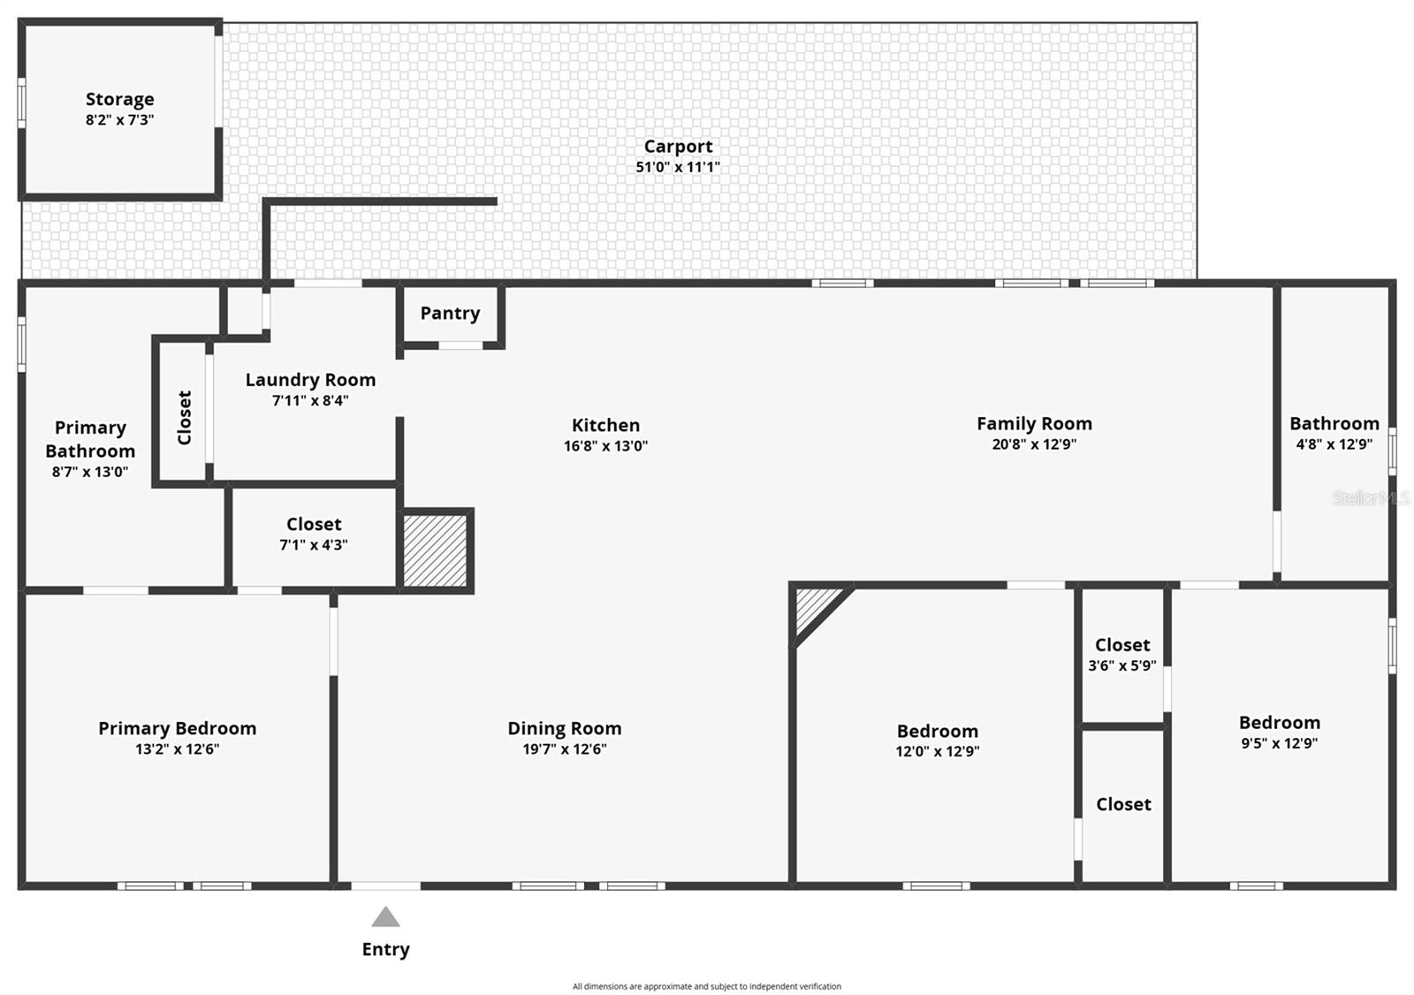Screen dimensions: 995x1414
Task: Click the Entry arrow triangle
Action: pos(385,917)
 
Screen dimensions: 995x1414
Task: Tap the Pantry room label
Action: pos(450,313)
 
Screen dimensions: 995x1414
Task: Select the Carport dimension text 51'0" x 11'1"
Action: pos(678,167)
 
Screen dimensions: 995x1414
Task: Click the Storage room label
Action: pos(119,99)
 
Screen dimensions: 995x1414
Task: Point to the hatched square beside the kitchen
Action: pos(435,551)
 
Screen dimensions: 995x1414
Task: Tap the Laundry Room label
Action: pos(310,380)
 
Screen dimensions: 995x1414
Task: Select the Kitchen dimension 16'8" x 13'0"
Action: pos(605,446)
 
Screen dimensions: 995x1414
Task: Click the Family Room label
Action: pos(1034,423)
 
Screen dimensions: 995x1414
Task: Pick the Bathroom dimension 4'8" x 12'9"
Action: pos(1334,444)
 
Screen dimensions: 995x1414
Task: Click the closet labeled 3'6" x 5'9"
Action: pos(1122,655)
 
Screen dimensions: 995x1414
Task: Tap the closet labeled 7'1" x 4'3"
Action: pos(314,534)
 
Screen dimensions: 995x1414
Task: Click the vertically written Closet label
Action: pos(184,417)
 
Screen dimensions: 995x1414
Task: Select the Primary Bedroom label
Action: pos(177,728)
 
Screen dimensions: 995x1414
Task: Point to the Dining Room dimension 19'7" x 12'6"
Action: pos(564,749)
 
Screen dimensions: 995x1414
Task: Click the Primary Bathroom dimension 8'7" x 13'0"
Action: pos(90,472)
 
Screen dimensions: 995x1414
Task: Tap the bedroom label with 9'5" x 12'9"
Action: pos(1279,723)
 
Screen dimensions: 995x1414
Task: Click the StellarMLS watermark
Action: pos(1371,498)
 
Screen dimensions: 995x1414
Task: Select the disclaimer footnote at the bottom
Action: pos(706,986)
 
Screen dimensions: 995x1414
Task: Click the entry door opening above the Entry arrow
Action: pos(386,885)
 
